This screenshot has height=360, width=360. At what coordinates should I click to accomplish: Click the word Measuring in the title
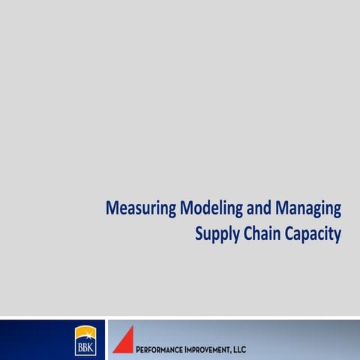[140, 208]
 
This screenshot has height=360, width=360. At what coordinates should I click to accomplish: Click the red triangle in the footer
[124, 340]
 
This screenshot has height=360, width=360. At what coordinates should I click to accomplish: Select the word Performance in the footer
[164, 349]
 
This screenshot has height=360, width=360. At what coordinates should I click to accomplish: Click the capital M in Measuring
[112, 208]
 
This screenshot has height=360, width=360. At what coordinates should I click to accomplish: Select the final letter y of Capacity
[337, 235]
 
